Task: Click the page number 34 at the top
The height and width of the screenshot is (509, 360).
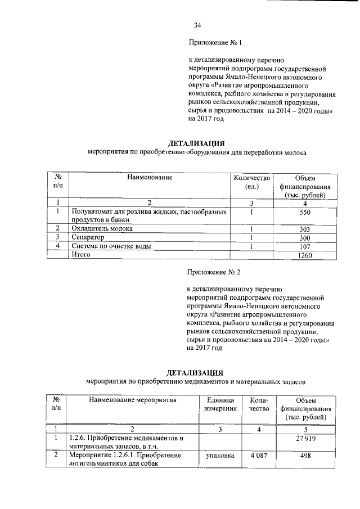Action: (197, 25)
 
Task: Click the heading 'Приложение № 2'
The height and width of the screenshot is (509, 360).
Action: (214, 273)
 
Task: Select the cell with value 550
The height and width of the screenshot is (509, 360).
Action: (305, 213)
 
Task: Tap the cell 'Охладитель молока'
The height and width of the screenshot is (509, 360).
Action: (102, 229)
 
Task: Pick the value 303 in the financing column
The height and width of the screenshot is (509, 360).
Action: (305, 229)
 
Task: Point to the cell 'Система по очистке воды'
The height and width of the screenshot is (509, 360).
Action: (111, 246)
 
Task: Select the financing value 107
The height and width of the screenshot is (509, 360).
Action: (305, 246)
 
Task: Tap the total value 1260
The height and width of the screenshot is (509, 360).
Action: (305, 255)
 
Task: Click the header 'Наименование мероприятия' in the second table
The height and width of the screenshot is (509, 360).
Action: (132, 400)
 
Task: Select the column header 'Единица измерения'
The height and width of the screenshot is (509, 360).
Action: (220, 404)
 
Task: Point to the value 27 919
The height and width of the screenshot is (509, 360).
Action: (305, 438)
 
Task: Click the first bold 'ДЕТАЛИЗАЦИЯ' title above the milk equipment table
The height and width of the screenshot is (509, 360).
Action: (197, 143)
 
